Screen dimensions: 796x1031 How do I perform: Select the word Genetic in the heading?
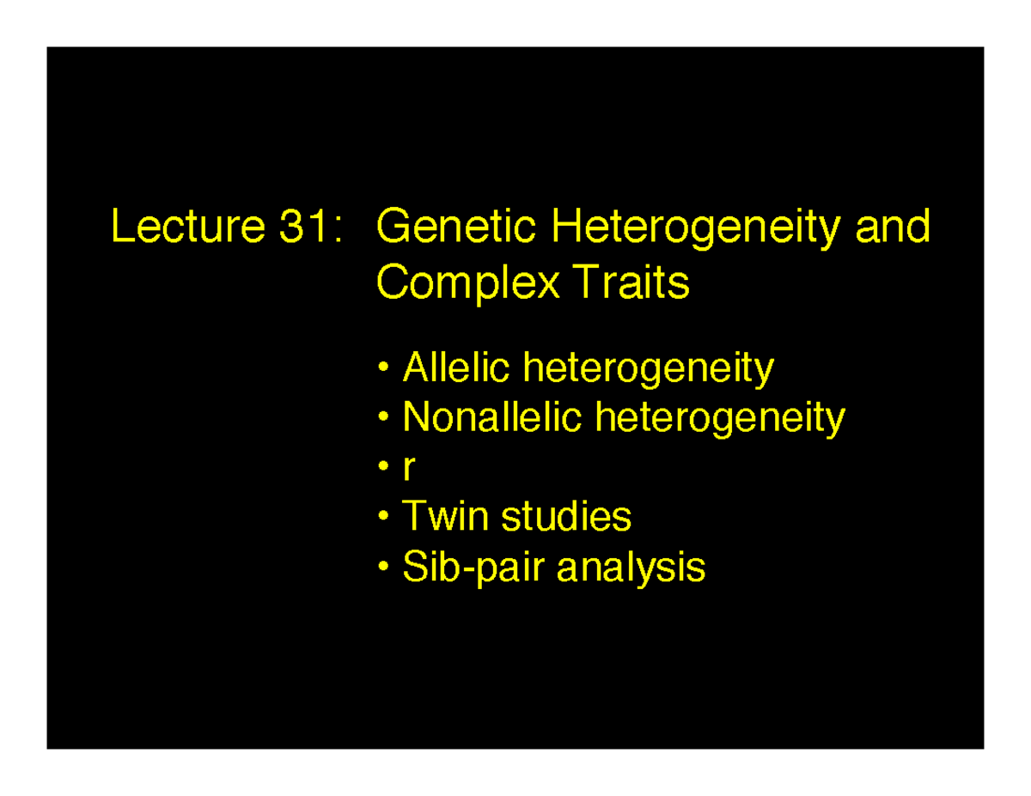coord(458,228)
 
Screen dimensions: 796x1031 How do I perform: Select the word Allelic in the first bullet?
coord(457,368)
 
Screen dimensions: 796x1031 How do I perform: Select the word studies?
coord(565,517)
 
